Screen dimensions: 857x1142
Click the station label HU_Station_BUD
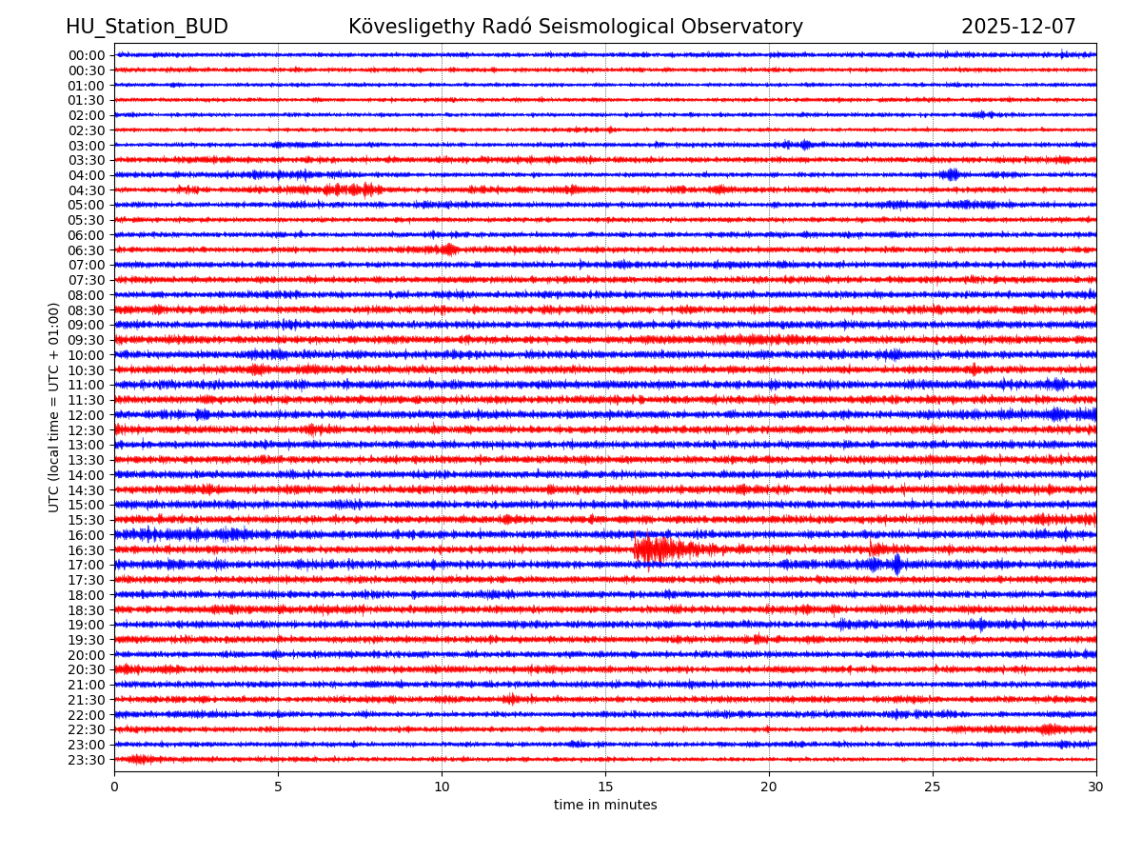tap(147, 28)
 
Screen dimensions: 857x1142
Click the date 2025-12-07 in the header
tap(1018, 28)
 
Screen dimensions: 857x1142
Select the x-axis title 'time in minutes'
tap(605, 806)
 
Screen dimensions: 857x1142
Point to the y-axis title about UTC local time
tap(54, 407)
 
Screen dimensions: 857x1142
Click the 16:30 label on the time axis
tap(87, 550)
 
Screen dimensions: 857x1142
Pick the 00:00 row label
tap(87, 55)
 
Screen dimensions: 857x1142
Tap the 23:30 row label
tap(87, 760)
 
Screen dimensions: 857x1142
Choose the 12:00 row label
tap(87, 415)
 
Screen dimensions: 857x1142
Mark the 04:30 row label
tap(87, 190)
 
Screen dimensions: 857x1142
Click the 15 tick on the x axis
tap(605, 787)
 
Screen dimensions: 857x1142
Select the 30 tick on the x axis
tap(1096, 787)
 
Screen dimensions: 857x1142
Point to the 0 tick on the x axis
tap(114, 787)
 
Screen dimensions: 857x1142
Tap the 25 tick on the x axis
tap(933, 787)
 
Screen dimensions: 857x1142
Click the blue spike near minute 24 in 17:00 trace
tap(896, 565)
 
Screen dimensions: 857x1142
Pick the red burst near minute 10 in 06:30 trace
tap(448, 249)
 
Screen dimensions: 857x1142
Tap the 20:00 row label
tap(87, 655)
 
